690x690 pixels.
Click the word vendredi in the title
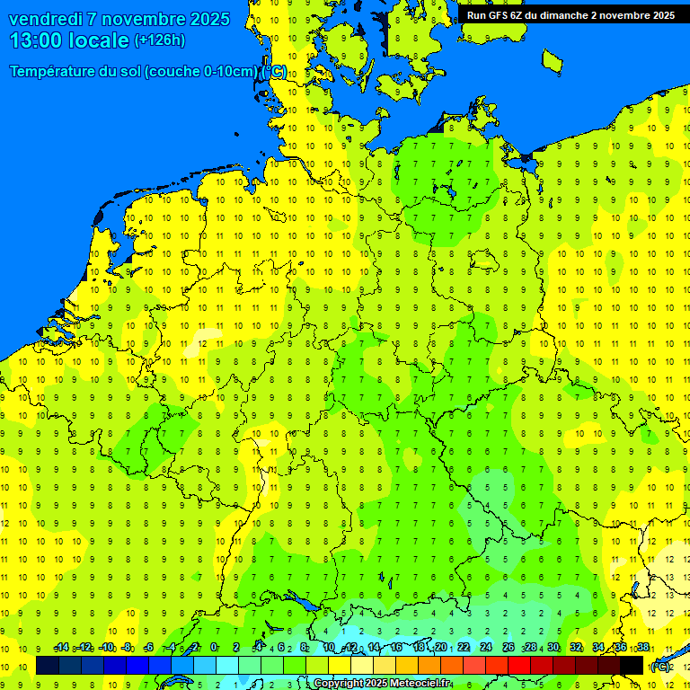tap(46, 19)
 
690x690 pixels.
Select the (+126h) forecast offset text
tap(159, 40)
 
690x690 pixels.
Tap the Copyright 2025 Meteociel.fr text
tap(382, 684)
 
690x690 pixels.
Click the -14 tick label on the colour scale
tap(61, 648)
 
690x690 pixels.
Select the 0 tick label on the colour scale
tap(214, 648)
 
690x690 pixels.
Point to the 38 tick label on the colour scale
tap(642, 648)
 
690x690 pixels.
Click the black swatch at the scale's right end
tap(632, 665)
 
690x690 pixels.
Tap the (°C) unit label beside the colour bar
tap(660, 666)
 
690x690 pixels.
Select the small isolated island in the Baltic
tap(552, 60)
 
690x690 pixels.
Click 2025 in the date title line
tap(208, 19)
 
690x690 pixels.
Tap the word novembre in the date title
tap(143, 19)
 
